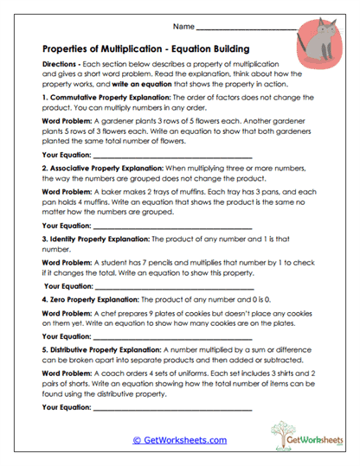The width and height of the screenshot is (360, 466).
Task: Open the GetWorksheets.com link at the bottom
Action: click(x=179, y=439)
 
